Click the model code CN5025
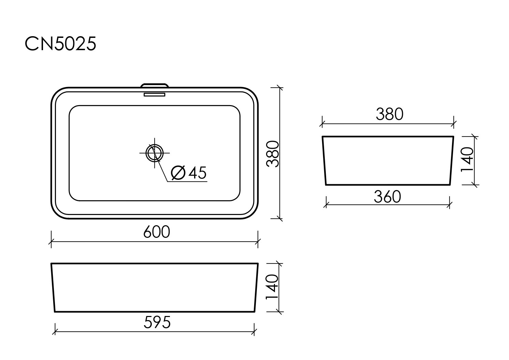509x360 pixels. pyautogui.click(x=60, y=44)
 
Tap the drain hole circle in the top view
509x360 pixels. pyautogui.click(x=155, y=153)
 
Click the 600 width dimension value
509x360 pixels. pyautogui.click(x=156, y=232)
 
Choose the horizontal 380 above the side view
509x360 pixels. pyautogui.click(x=389, y=114)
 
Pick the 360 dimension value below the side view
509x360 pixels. pyautogui.click(x=387, y=197)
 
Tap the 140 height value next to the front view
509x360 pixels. pyautogui.click(x=273, y=288)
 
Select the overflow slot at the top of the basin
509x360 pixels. pyautogui.click(x=155, y=94)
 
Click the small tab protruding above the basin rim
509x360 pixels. pyautogui.click(x=155, y=84)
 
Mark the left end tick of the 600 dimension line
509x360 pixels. pyautogui.click(x=51, y=242)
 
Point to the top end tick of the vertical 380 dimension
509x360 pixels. pyautogui.click(x=280, y=88)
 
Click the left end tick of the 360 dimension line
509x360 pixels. pyautogui.click(x=326, y=205)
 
